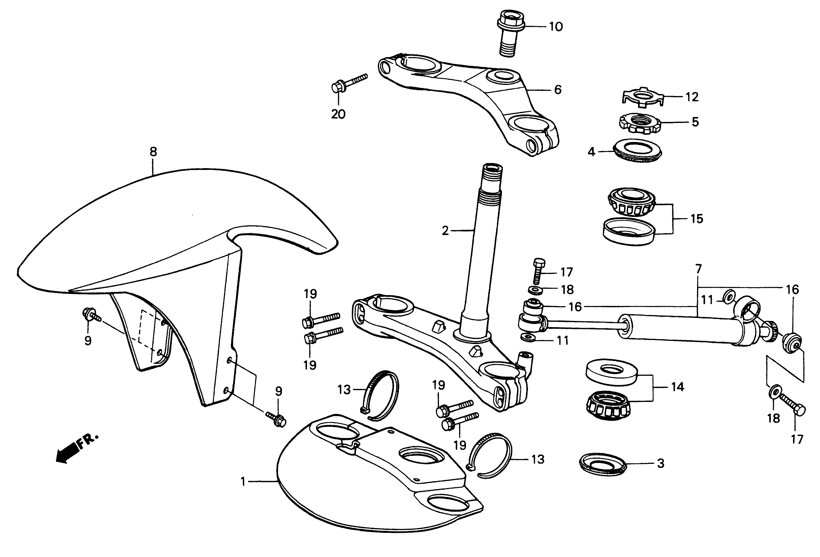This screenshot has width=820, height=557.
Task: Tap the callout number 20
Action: pyautogui.click(x=338, y=114)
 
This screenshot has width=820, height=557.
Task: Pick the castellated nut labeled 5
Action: pyautogui.click(x=640, y=123)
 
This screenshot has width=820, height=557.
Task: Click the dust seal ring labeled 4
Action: pyautogui.click(x=638, y=150)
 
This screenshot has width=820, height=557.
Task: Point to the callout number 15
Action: pyautogui.click(x=696, y=218)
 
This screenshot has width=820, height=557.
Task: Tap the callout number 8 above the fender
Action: pyautogui.click(x=153, y=152)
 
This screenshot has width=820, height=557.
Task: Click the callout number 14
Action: pyautogui.click(x=677, y=387)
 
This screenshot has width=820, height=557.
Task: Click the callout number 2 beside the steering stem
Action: pyautogui.click(x=445, y=231)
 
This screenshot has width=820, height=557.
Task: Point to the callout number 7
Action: pyautogui.click(x=698, y=269)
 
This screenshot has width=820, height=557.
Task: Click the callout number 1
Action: pyautogui.click(x=243, y=481)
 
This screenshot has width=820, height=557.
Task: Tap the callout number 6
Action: pyautogui.click(x=557, y=90)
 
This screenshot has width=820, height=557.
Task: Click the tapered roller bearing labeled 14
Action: pyautogui.click(x=608, y=406)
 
